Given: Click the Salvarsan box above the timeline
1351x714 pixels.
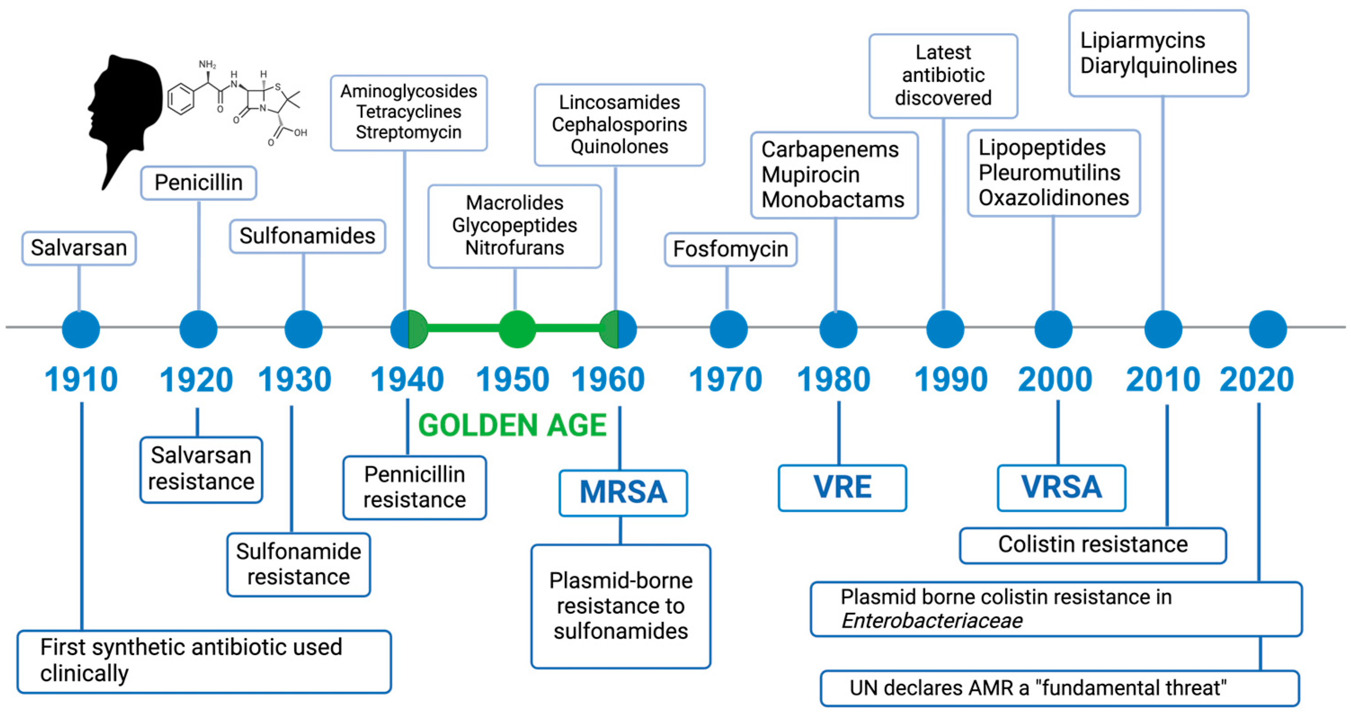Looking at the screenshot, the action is point(79,248).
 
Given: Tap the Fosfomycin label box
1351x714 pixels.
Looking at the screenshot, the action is point(731,250).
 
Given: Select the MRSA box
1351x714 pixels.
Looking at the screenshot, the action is point(623,493).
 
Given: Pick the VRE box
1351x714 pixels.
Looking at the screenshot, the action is point(842,487).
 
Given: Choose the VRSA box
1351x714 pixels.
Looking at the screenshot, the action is point(1062,487).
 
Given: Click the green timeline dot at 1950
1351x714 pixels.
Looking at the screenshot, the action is point(517,330).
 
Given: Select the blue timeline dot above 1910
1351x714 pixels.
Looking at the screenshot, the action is point(81,330).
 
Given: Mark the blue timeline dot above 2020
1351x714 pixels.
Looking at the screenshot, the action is point(1268,330).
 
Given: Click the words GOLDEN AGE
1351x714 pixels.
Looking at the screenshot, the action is point(512,425).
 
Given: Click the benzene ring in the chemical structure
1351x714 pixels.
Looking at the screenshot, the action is point(181,98).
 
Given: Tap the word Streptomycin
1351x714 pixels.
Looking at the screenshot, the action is point(409,132).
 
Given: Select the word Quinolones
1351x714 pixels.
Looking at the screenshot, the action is point(619,147).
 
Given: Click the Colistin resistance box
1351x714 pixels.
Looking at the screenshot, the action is point(1093,545).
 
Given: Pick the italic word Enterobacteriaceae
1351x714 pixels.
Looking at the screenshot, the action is point(932,621).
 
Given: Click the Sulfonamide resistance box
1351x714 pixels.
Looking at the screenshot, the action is point(298,564).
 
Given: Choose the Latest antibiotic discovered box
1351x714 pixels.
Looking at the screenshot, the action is point(943,76).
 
